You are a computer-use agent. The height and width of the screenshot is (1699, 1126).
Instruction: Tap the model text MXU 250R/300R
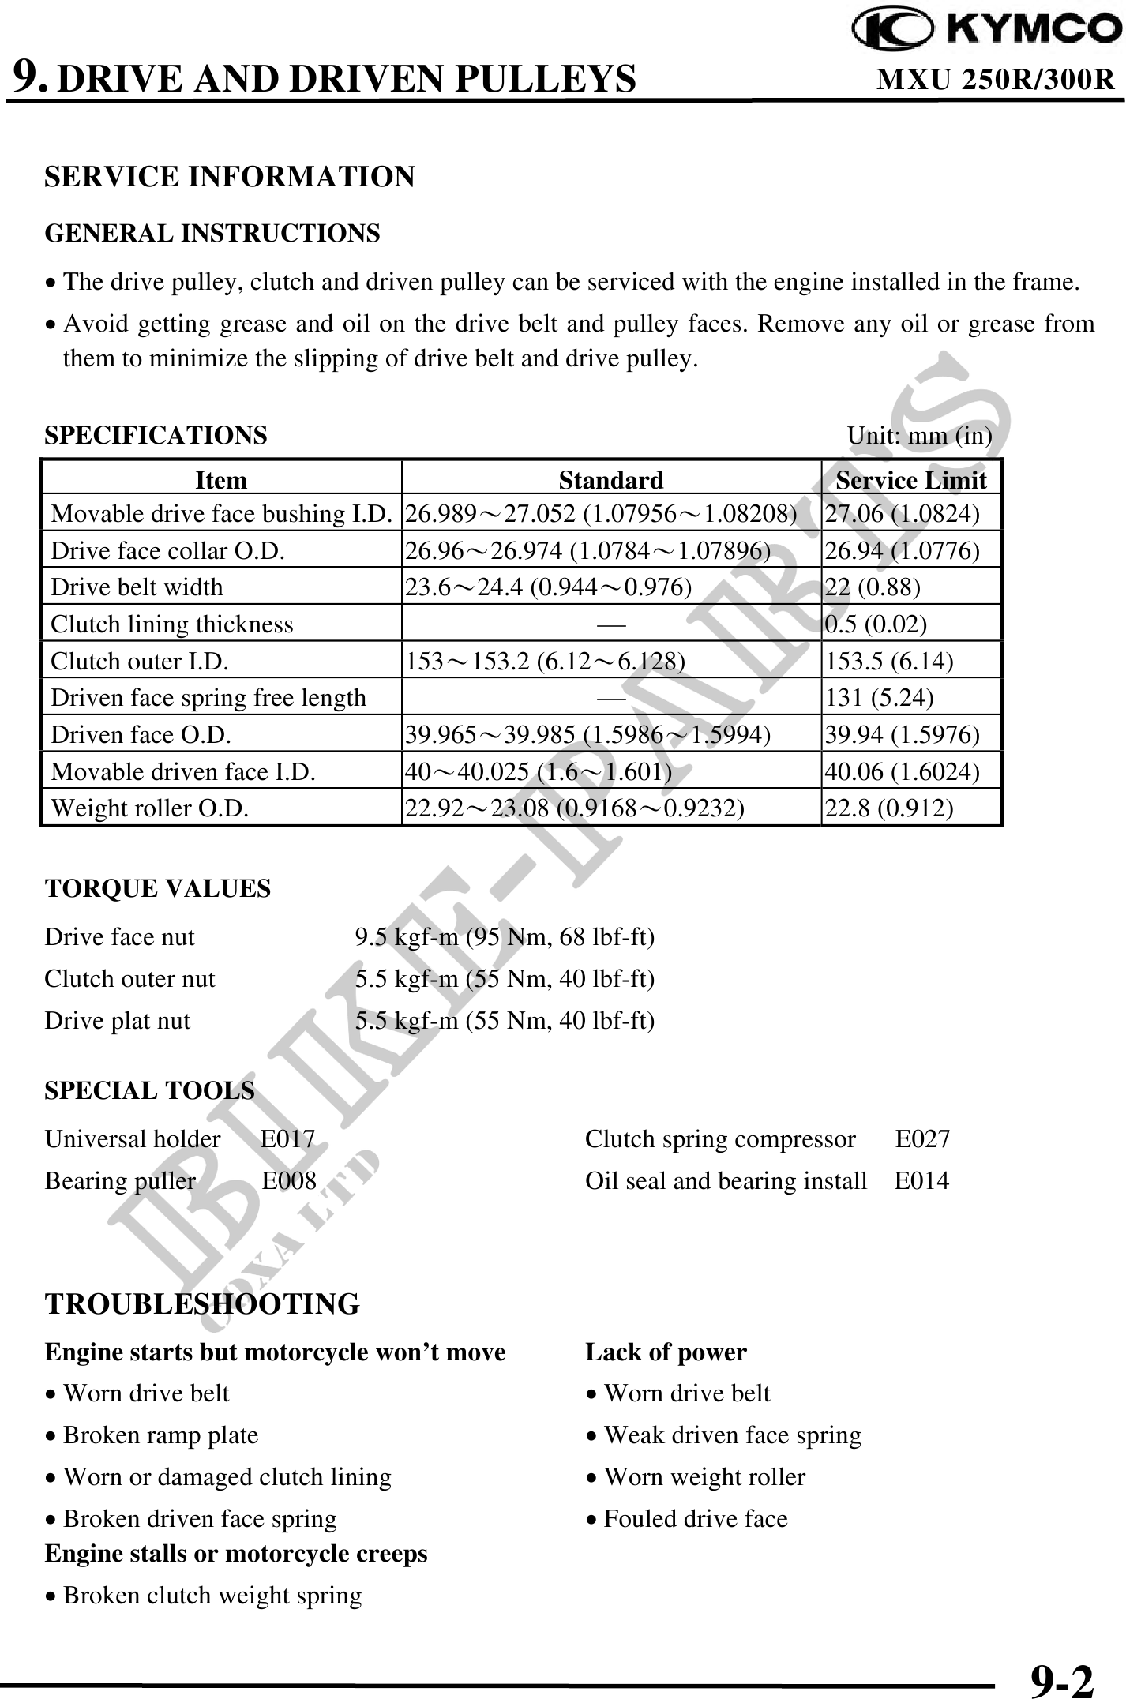(996, 80)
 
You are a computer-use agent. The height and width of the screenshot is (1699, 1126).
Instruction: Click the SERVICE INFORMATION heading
(229, 176)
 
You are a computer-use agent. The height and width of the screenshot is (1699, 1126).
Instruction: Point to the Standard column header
(610, 480)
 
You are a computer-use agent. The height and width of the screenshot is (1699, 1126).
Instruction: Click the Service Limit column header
(910, 480)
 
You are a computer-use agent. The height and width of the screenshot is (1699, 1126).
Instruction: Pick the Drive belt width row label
(137, 587)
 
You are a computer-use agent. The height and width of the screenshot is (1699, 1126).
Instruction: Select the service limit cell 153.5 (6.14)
(889, 661)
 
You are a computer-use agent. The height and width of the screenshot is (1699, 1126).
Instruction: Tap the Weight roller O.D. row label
(150, 808)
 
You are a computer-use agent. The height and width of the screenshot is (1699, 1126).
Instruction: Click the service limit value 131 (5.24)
(879, 698)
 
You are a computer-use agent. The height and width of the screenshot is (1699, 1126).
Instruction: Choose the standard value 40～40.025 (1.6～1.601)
(538, 771)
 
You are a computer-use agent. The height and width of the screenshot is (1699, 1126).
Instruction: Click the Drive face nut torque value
(505, 937)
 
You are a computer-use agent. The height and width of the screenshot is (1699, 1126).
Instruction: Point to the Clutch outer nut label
(129, 979)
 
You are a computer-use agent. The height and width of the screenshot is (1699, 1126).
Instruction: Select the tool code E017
(287, 1139)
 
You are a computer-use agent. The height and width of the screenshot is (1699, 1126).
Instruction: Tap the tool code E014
(921, 1181)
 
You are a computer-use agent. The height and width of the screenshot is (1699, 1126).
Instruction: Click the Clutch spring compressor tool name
(720, 1139)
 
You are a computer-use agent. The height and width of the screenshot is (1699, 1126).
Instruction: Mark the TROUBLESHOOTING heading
(202, 1304)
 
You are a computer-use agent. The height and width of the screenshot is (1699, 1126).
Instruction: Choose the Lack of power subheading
(666, 1352)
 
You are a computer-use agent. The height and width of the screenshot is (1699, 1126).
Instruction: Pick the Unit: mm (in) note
(919, 436)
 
